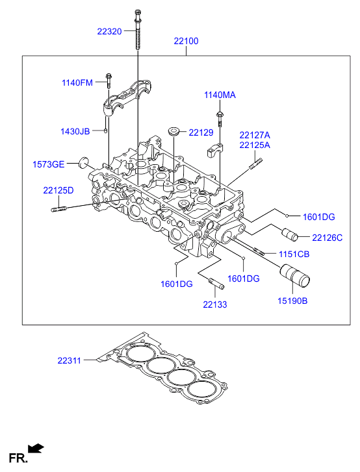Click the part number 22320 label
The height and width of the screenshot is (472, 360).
pyautogui.click(x=109, y=31)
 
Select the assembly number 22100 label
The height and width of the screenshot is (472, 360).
pyautogui.click(x=186, y=41)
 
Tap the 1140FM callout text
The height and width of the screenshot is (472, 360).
pyautogui.click(x=77, y=82)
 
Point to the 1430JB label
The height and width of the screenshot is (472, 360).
pyautogui.click(x=75, y=131)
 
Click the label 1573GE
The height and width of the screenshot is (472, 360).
pyautogui.click(x=49, y=164)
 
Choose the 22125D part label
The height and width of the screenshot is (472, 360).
pyautogui.click(x=58, y=190)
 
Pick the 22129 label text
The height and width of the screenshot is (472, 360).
pyautogui.click(x=201, y=132)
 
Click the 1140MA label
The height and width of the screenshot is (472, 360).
pyautogui.click(x=220, y=95)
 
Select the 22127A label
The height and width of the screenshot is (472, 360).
pyautogui.click(x=255, y=135)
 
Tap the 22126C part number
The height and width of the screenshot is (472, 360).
pyautogui.click(x=327, y=238)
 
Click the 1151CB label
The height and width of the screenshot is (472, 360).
pyautogui.click(x=294, y=254)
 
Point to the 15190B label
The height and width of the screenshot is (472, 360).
pyautogui.click(x=292, y=301)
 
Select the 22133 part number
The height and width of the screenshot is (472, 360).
pyautogui.click(x=215, y=304)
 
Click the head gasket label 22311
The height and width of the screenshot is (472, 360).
pyautogui.click(x=70, y=360)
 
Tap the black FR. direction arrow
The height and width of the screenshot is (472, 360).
pyautogui.click(x=36, y=448)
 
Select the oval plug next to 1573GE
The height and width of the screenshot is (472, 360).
pyautogui.click(x=84, y=162)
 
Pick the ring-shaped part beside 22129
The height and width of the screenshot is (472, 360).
pyautogui.click(x=174, y=131)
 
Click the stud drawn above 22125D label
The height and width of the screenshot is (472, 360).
pyautogui.click(x=58, y=209)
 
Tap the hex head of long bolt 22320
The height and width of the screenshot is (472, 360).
pyautogui.click(x=137, y=13)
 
